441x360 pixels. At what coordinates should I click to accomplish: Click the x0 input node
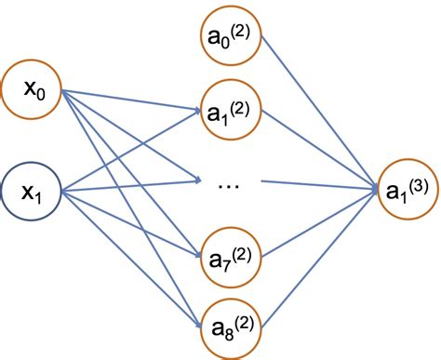coord(37,91)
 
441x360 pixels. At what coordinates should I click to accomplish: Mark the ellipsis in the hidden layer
coord(228,184)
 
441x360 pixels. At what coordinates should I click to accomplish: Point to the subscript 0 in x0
coord(44,97)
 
